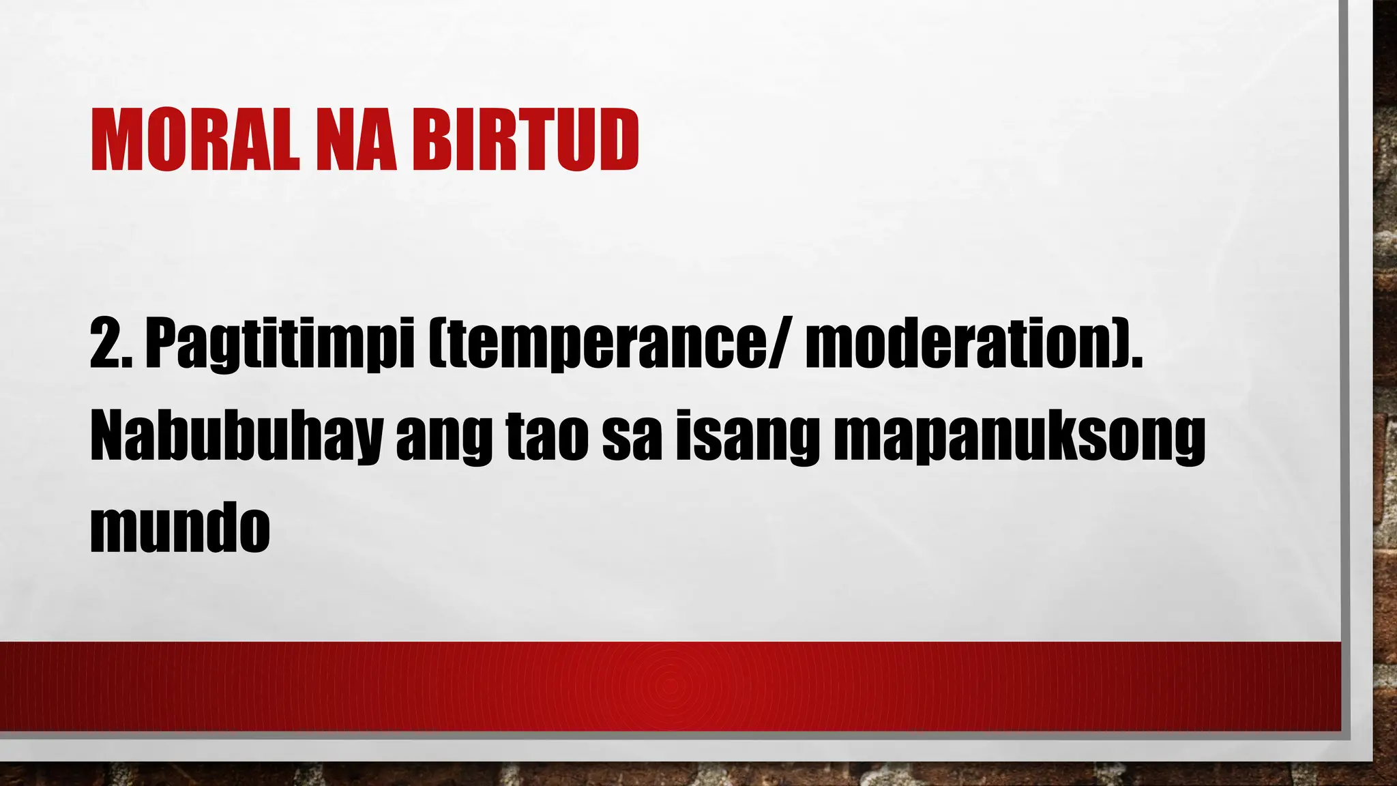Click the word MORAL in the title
(194, 141)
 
